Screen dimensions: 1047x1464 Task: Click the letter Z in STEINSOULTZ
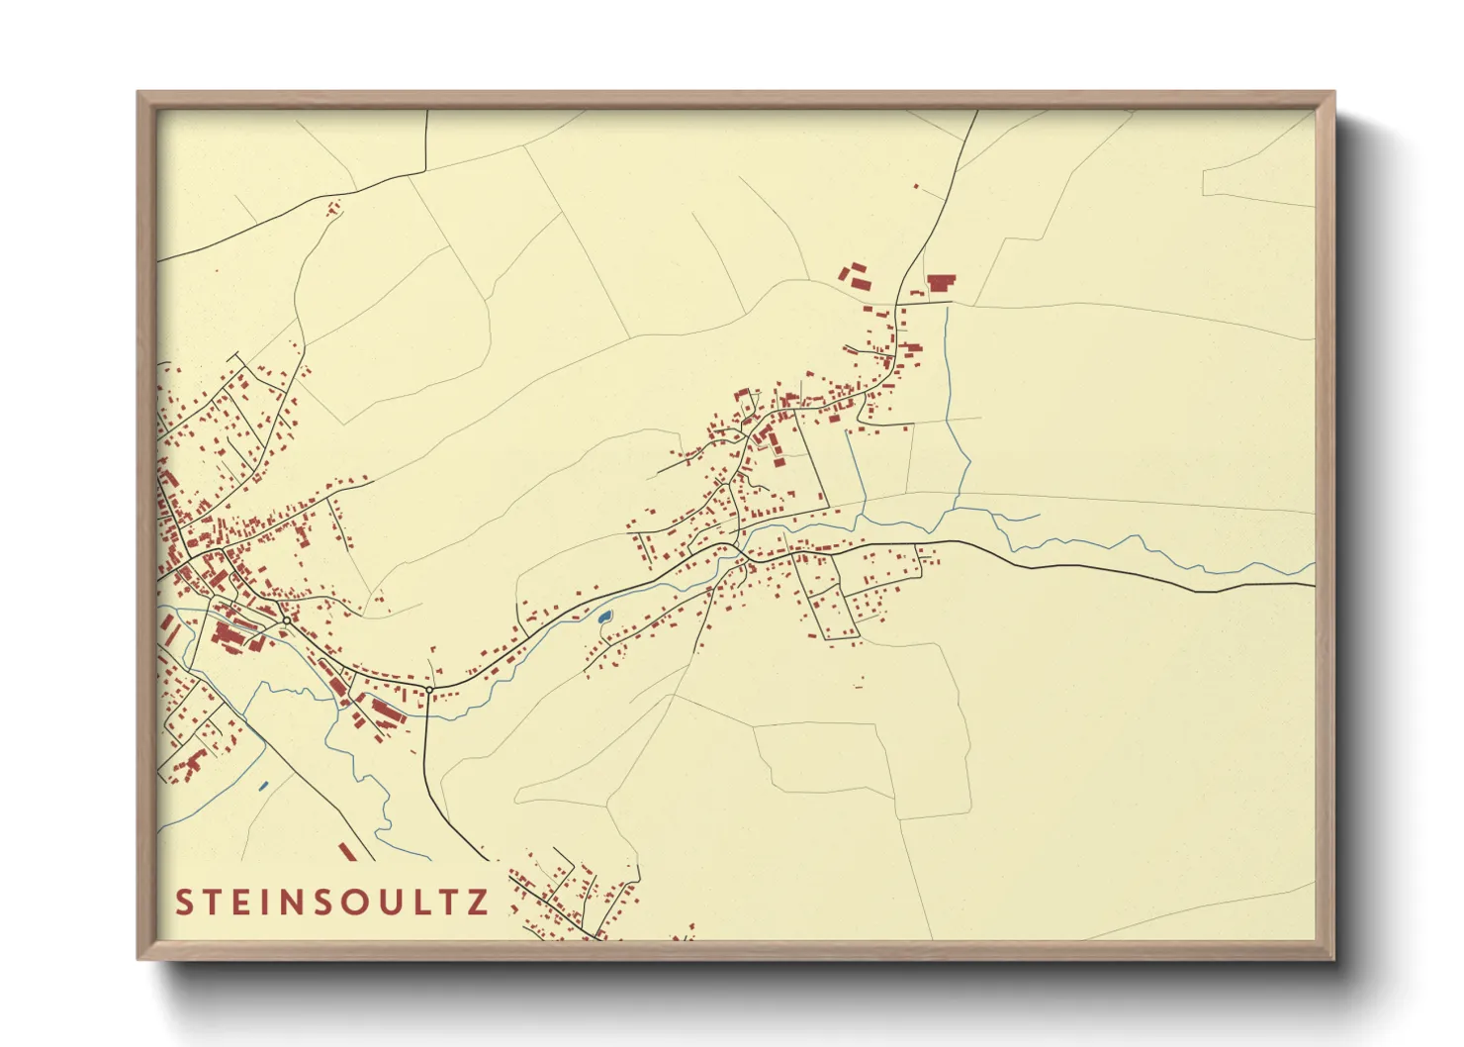pyautogui.click(x=478, y=903)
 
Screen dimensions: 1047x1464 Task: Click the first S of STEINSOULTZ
pyautogui.click(x=184, y=903)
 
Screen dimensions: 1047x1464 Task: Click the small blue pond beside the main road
pyautogui.click(x=604, y=618)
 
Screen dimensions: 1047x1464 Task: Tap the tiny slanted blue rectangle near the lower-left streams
pyautogui.click(x=263, y=786)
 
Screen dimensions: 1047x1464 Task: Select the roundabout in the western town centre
pyautogui.click(x=286, y=620)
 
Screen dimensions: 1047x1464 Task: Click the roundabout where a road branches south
pyautogui.click(x=429, y=689)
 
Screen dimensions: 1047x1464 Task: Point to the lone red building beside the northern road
pyautogui.click(x=916, y=186)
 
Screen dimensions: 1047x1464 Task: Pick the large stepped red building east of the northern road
pyautogui.click(x=941, y=283)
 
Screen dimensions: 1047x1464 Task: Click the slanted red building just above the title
pyautogui.click(x=346, y=851)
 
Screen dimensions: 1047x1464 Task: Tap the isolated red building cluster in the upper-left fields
pyautogui.click(x=332, y=208)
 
